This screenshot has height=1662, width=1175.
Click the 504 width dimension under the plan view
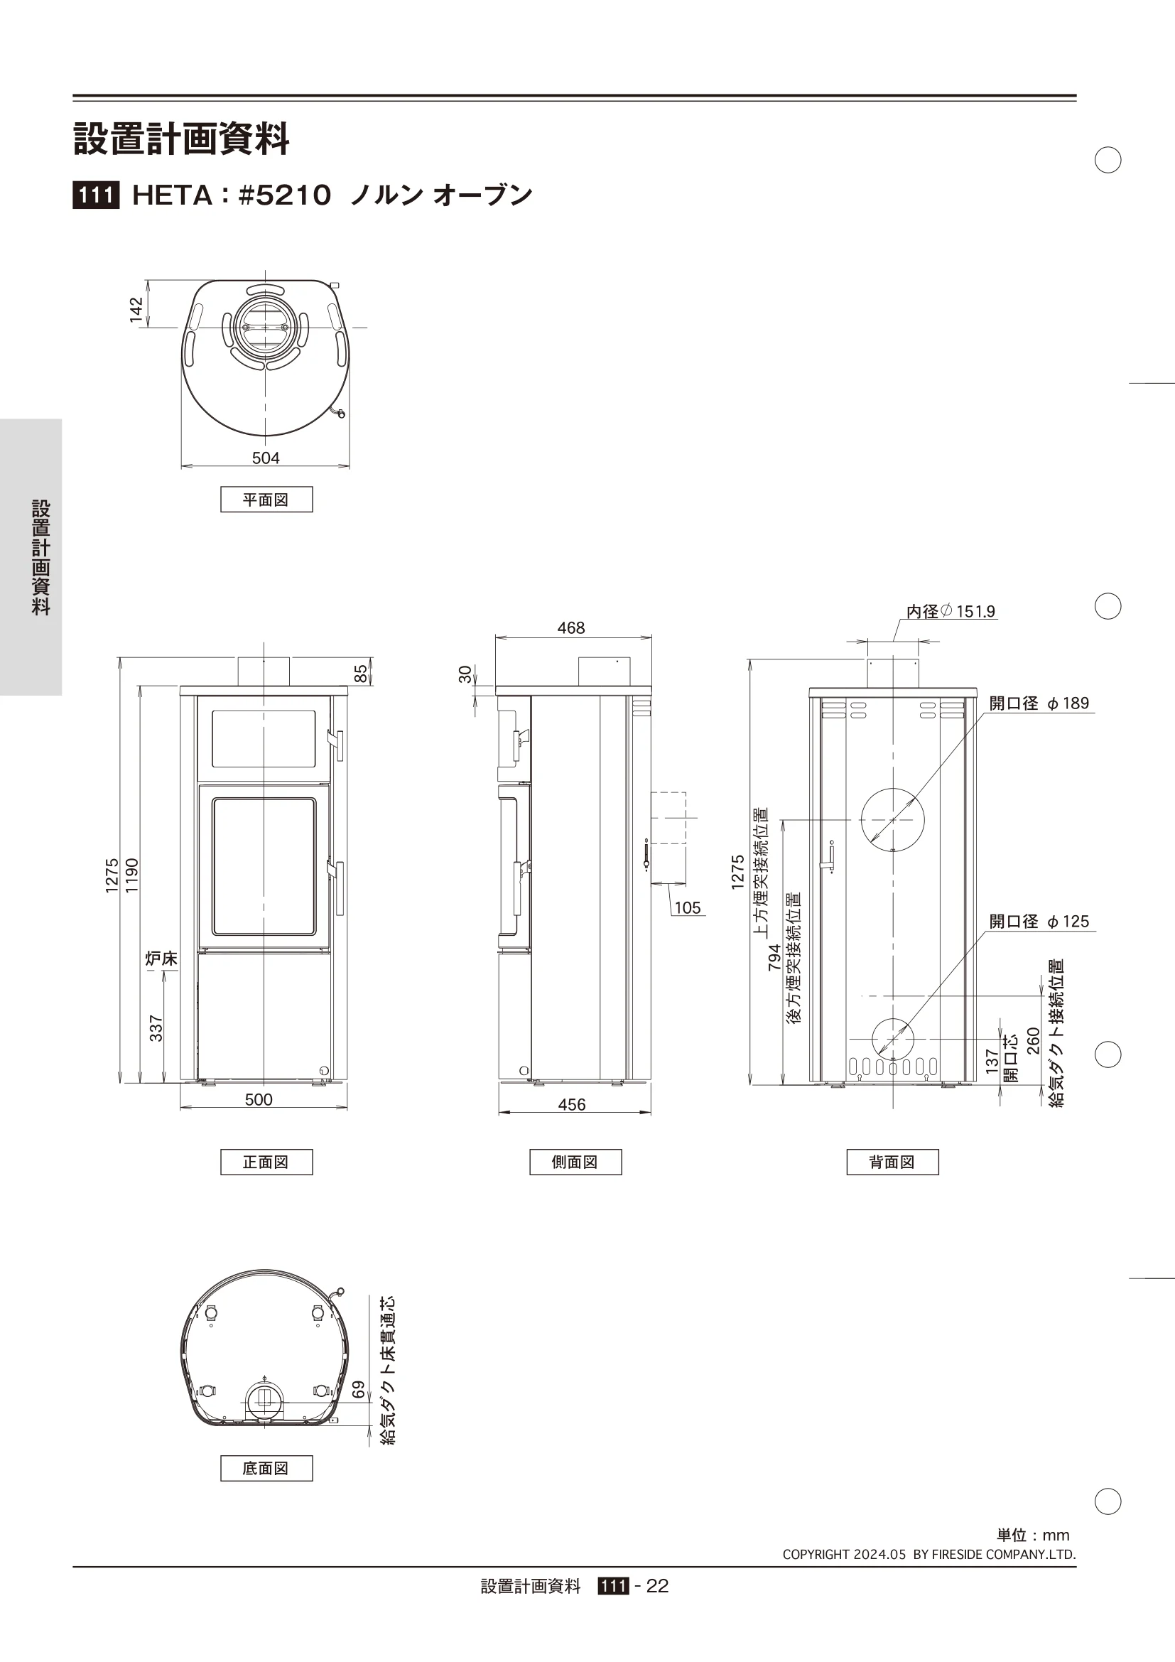tap(266, 458)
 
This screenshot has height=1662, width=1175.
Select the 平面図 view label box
tap(266, 500)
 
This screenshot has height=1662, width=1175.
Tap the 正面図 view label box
tap(266, 1162)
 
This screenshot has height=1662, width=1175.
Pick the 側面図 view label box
tap(575, 1162)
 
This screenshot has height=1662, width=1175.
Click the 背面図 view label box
tap(892, 1162)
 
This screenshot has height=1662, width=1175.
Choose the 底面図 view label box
tap(266, 1468)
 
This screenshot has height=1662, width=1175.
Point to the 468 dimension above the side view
tap(571, 627)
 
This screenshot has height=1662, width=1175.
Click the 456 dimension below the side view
tap(572, 1105)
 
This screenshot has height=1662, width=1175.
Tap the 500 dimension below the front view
tap(259, 1099)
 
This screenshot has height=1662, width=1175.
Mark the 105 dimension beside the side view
tap(688, 907)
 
